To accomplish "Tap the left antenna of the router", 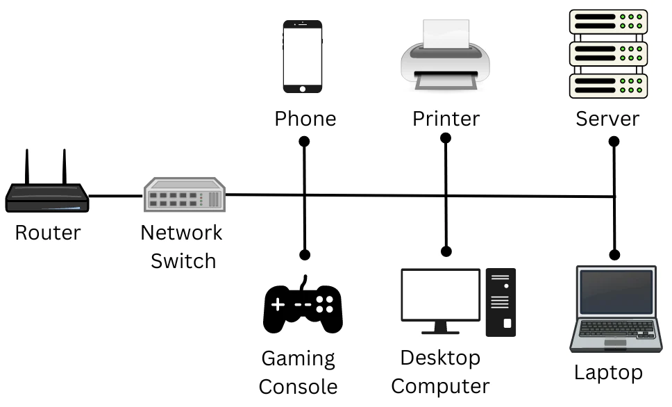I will coord(28,167).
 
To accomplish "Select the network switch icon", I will coord(185,195).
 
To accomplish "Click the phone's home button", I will coord(303,88).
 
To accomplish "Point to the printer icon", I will coord(445,56).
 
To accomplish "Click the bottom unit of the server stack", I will coord(608,85).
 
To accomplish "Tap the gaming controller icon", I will coord(303,306).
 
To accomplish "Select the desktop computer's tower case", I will coord(501,302).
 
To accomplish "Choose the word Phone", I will coord(305,119).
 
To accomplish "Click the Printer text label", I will coord(446,119).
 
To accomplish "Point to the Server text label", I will coord(607,119).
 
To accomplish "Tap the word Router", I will coord(47,232).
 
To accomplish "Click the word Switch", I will coord(183,261).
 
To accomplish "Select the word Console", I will coord(299,386).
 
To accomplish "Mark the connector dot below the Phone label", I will coord(303,142).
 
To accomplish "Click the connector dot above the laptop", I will coord(614,254).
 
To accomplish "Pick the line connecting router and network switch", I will coord(115,196).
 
